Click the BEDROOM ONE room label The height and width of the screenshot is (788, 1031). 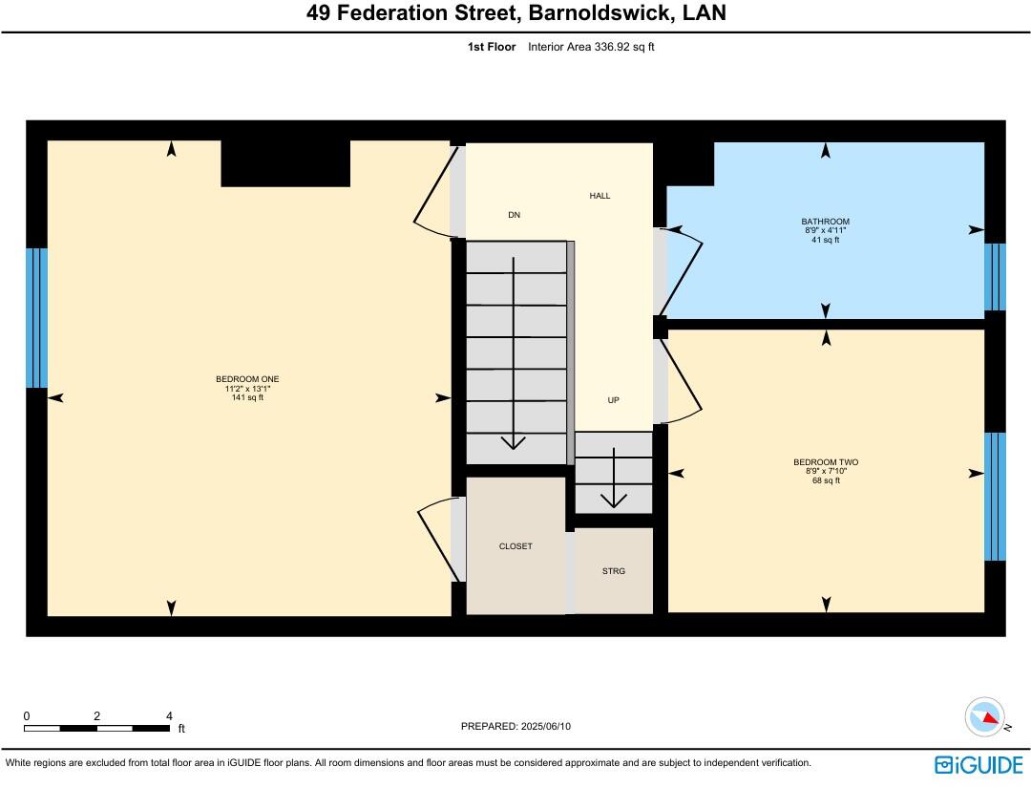point(247,379)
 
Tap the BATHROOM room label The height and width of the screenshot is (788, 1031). point(825,222)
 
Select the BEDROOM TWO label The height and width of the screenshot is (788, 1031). point(825,462)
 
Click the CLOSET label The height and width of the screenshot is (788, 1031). point(515,546)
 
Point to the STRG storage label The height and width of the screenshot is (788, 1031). point(613,571)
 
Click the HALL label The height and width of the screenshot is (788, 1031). point(600,196)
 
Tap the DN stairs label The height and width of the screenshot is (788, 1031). point(515,215)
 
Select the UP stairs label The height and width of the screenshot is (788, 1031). point(613,400)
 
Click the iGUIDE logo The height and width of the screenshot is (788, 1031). point(978,764)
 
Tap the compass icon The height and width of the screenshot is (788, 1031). point(984,717)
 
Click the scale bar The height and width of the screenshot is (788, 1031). point(97,728)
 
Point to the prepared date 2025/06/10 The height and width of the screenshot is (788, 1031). point(515,727)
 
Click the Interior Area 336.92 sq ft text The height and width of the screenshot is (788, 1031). point(591,47)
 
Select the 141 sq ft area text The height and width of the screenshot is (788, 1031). point(247,398)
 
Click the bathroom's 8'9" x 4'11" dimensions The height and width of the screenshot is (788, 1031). point(825,231)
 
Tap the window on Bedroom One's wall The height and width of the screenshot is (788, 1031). point(36,318)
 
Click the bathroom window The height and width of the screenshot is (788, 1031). point(995,277)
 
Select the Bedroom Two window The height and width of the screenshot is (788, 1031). point(995,497)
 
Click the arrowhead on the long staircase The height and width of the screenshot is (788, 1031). point(515,441)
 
